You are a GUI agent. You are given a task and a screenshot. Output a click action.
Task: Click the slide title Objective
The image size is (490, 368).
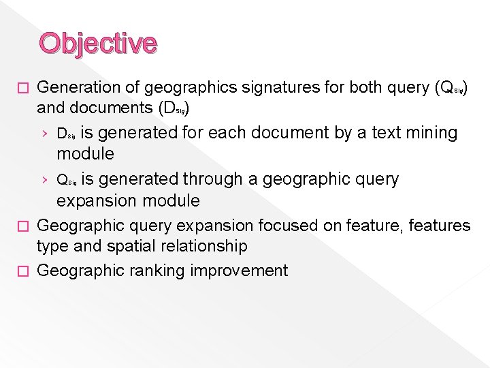(x=98, y=42)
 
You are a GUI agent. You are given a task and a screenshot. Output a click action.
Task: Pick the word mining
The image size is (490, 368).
(x=431, y=133)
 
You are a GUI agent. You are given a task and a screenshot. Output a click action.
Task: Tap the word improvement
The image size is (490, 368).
(x=239, y=271)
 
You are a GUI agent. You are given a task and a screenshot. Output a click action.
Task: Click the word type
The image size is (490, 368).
(x=54, y=246)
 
